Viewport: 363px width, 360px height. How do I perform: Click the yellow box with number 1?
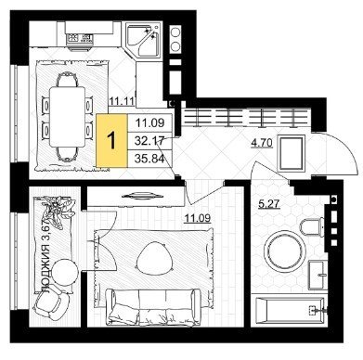[x=111, y=141]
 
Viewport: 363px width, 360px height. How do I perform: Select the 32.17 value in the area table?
[x=149, y=141]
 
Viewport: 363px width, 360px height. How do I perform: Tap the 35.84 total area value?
[x=149, y=159]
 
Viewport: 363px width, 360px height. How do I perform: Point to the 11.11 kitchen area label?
[x=122, y=101]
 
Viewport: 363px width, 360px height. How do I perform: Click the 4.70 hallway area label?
[x=262, y=143]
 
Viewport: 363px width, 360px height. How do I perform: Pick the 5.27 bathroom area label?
[x=269, y=204]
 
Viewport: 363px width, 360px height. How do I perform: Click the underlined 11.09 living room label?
[x=198, y=218]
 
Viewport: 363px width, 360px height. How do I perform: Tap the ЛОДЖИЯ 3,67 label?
[x=46, y=256]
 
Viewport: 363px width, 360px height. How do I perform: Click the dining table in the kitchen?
[x=67, y=117]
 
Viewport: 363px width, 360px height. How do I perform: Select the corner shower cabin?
[x=144, y=40]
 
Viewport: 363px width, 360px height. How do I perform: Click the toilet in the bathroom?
[x=312, y=227]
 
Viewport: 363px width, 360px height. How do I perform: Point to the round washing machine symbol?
[x=284, y=250]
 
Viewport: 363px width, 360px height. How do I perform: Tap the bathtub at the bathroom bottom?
[x=291, y=311]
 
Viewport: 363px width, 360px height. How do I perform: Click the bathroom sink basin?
[x=318, y=274]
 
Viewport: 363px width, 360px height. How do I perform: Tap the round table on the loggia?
[x=65, y=271]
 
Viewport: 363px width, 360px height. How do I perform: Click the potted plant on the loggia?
[x=58, y=211]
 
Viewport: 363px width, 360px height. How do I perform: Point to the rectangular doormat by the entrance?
[x=291, y=153]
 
